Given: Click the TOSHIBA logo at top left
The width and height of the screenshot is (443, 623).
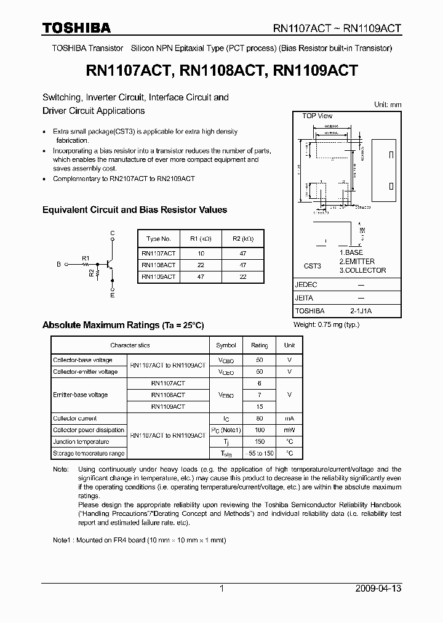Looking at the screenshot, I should tap(76, 28).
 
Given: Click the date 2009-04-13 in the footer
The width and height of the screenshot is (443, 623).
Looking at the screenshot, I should tap(378, 589).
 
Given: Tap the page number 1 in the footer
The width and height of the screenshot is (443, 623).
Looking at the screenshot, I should tap(221, 589).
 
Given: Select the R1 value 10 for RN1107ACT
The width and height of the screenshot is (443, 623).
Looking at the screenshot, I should tap(201, 253).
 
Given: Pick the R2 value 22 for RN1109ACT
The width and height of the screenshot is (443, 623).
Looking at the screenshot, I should tap(242, 277).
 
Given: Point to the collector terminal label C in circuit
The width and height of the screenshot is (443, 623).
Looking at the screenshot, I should tap(112, 232).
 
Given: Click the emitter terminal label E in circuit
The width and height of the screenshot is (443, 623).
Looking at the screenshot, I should tap(112, 295).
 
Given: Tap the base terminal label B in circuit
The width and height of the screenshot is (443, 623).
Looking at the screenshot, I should tap(58, 264).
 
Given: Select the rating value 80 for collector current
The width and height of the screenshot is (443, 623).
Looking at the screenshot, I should tap(259, 419).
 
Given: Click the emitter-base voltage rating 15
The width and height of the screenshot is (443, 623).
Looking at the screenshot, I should tap(259, 407).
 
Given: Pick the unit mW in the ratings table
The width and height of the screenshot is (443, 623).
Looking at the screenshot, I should tap(289, 430).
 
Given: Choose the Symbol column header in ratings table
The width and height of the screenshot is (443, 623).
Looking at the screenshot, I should tap(226, 345).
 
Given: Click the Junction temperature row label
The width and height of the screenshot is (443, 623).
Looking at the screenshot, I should tap(81, 442).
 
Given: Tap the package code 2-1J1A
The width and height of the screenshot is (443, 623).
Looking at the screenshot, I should tap(360, 311).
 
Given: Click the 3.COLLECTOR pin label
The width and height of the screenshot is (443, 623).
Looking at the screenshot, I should tap(362, 270).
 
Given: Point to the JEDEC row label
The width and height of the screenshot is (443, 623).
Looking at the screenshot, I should tap(306, 285).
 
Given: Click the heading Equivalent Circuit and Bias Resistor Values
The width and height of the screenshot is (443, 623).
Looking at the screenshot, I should tap(134, 210).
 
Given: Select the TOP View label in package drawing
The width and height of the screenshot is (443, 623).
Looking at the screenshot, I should tap(317, 116).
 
